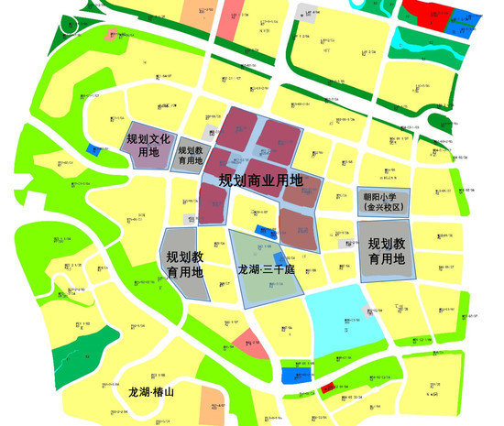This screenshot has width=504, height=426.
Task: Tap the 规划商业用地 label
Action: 260,180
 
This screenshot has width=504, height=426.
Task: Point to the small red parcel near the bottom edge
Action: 327,388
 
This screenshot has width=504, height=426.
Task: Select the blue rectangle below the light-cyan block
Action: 295,373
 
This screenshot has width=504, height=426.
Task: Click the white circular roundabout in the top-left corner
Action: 70,26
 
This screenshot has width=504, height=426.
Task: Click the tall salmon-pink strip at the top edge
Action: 232,18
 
